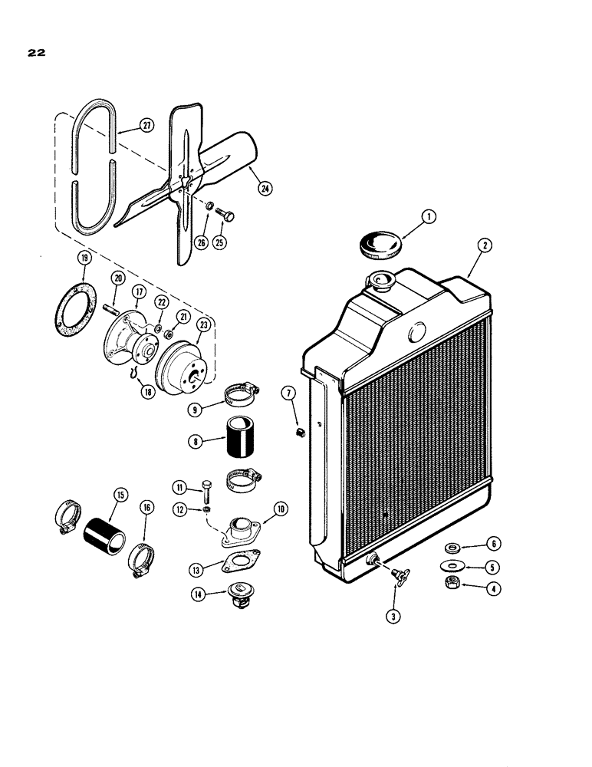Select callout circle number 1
click(x=428, y=217)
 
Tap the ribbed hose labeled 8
click(x=242, y=444)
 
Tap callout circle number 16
click(x=146, y=508)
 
